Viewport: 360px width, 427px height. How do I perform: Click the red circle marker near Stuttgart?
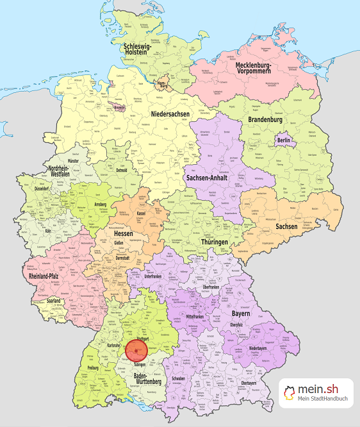pyautogui.click(x=136, y=351)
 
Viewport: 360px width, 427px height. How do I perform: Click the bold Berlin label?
pyautogui.click(x=284, y=140)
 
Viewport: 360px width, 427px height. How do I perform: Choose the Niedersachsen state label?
pyautogui.click(x=171, y=114)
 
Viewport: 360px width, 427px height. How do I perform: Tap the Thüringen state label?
pyautogui.click(x=213, y=242)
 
